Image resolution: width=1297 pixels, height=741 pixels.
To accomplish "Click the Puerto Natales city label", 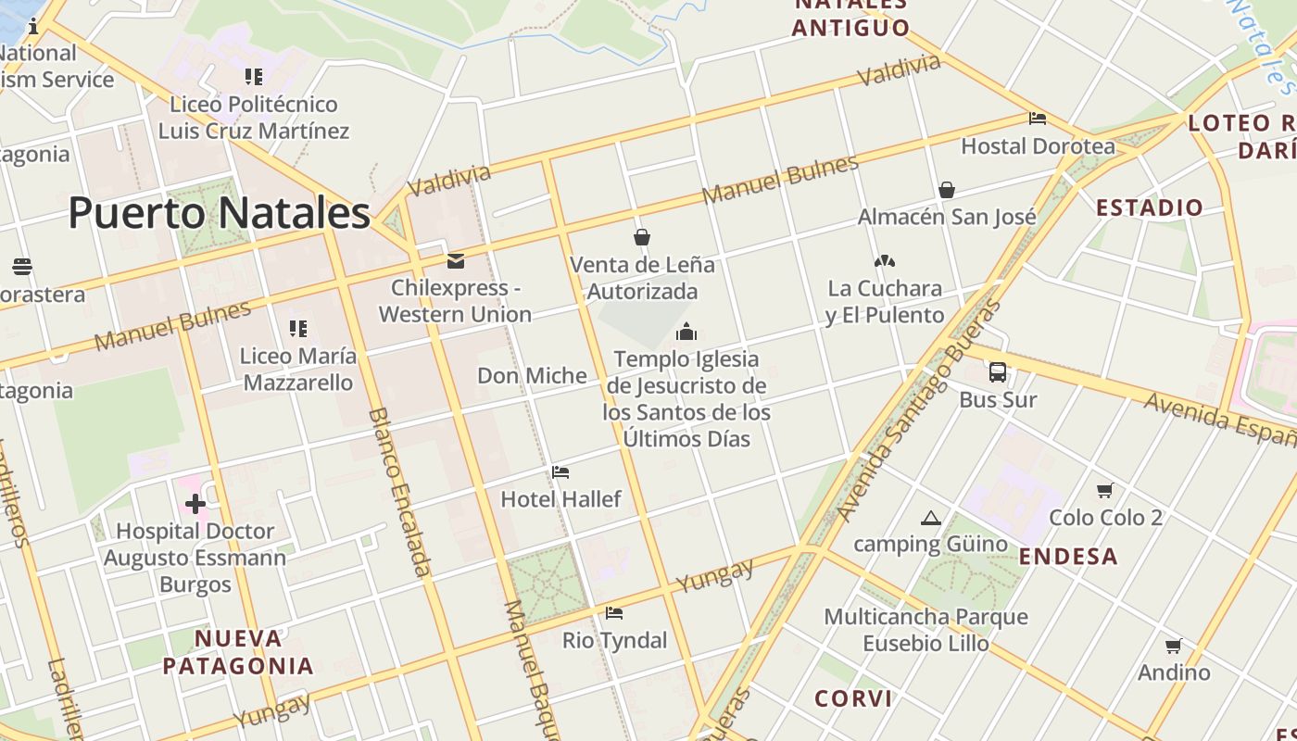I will [220, 213].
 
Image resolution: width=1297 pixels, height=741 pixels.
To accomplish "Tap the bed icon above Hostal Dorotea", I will [1038, 119].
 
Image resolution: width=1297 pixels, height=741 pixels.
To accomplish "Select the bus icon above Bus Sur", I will [998, 372].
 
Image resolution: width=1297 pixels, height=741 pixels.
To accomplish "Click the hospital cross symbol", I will [195, 504].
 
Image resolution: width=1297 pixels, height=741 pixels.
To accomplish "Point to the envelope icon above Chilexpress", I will [455, 261].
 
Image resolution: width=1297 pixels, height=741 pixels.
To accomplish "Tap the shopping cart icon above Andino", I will [1174, 646].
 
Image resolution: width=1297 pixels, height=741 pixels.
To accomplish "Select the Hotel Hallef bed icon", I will [560, 472].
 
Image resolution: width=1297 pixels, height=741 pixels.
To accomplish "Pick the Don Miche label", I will [532, 375].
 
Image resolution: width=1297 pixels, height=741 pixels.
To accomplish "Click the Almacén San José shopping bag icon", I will [947, 190].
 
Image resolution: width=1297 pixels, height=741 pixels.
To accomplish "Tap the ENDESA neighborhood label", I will [1068, 557].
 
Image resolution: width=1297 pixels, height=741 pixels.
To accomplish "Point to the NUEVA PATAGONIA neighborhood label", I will [238, 652].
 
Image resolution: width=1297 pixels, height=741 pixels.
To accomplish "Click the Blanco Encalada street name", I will [400, 491].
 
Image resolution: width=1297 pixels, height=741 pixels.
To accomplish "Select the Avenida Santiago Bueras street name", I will [917, 412].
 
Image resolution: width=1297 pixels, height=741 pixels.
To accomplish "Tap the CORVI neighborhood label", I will [853, 698].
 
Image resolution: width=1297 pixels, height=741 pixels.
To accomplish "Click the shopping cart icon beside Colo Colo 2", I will [1104, 490].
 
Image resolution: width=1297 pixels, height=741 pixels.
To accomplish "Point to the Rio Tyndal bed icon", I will [614, 613].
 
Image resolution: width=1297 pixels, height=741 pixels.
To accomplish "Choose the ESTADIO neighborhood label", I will [1150, 207].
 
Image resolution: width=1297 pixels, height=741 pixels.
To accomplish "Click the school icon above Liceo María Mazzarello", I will [297, 328].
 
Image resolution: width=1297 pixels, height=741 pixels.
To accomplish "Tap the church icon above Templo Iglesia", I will [686, 332].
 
